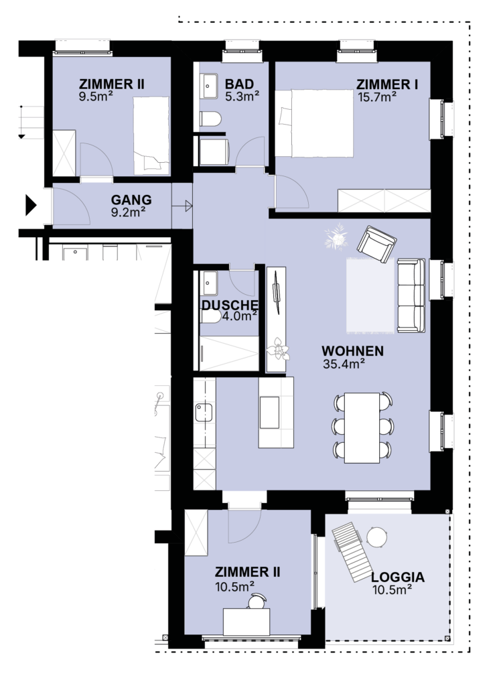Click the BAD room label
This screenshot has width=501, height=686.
click(239, 84)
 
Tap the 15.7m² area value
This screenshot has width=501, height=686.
click(377, 96)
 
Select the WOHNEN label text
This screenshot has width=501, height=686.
click(353, 351)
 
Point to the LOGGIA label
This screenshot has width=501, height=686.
click(398, 577)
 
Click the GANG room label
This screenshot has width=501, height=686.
click(131, 200)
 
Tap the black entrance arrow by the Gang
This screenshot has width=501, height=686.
click(31, 205)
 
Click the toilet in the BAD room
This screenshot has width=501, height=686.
click(210, 119)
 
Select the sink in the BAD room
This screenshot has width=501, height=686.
click(209, 86)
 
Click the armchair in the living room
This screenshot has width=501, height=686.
click(376, 244)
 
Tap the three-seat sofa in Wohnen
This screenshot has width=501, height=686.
click(411, 295)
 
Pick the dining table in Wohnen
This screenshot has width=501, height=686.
click(362, 427)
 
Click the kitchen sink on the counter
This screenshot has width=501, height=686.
click(204, 412)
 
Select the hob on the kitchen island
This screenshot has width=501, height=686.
click(269, 413)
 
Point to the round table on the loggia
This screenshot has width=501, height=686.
click(376, 537)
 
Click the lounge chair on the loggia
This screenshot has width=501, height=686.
click(353, 552)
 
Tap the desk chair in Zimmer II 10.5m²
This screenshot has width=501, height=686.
click(257, 601)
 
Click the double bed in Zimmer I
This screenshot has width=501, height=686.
click(314, 123)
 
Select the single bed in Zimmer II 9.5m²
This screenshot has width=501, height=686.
click(151, 135)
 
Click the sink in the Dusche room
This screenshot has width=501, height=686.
click(210, 283)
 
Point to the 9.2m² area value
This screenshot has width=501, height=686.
click(128, 212)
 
